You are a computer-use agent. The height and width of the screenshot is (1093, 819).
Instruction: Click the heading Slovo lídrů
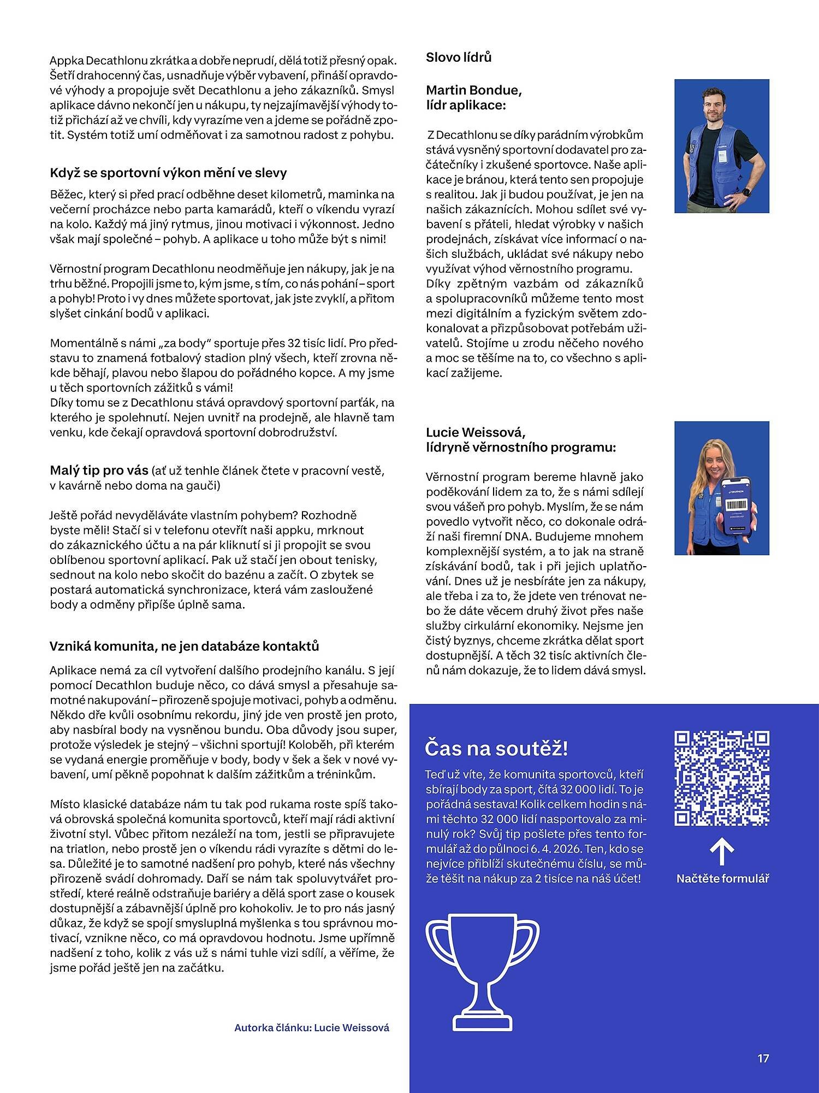point(459,57)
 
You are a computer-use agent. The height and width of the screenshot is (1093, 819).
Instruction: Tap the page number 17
point(763,1059)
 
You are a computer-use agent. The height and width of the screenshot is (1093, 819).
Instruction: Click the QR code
point(722,778)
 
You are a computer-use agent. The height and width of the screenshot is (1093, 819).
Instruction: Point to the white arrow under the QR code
point(722,853)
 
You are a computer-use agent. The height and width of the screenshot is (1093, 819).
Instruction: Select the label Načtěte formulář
point(722,879)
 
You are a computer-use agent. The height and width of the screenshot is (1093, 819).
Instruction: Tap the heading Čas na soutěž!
point(496,748)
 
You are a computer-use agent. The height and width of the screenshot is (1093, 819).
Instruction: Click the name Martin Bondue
point(473,90)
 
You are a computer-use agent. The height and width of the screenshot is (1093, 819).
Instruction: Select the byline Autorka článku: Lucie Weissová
point(312,1027)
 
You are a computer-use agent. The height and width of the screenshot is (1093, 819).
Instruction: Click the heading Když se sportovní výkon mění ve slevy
point(168,173)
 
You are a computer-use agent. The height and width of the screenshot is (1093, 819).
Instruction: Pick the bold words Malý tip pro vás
point(99,471)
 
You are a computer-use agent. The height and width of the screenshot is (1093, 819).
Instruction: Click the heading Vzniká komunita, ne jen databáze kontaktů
point(184,646)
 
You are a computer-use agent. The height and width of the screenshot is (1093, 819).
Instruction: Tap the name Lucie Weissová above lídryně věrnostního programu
point(476,432)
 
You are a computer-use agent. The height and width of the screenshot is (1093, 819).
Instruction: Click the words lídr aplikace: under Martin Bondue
point(466,105)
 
